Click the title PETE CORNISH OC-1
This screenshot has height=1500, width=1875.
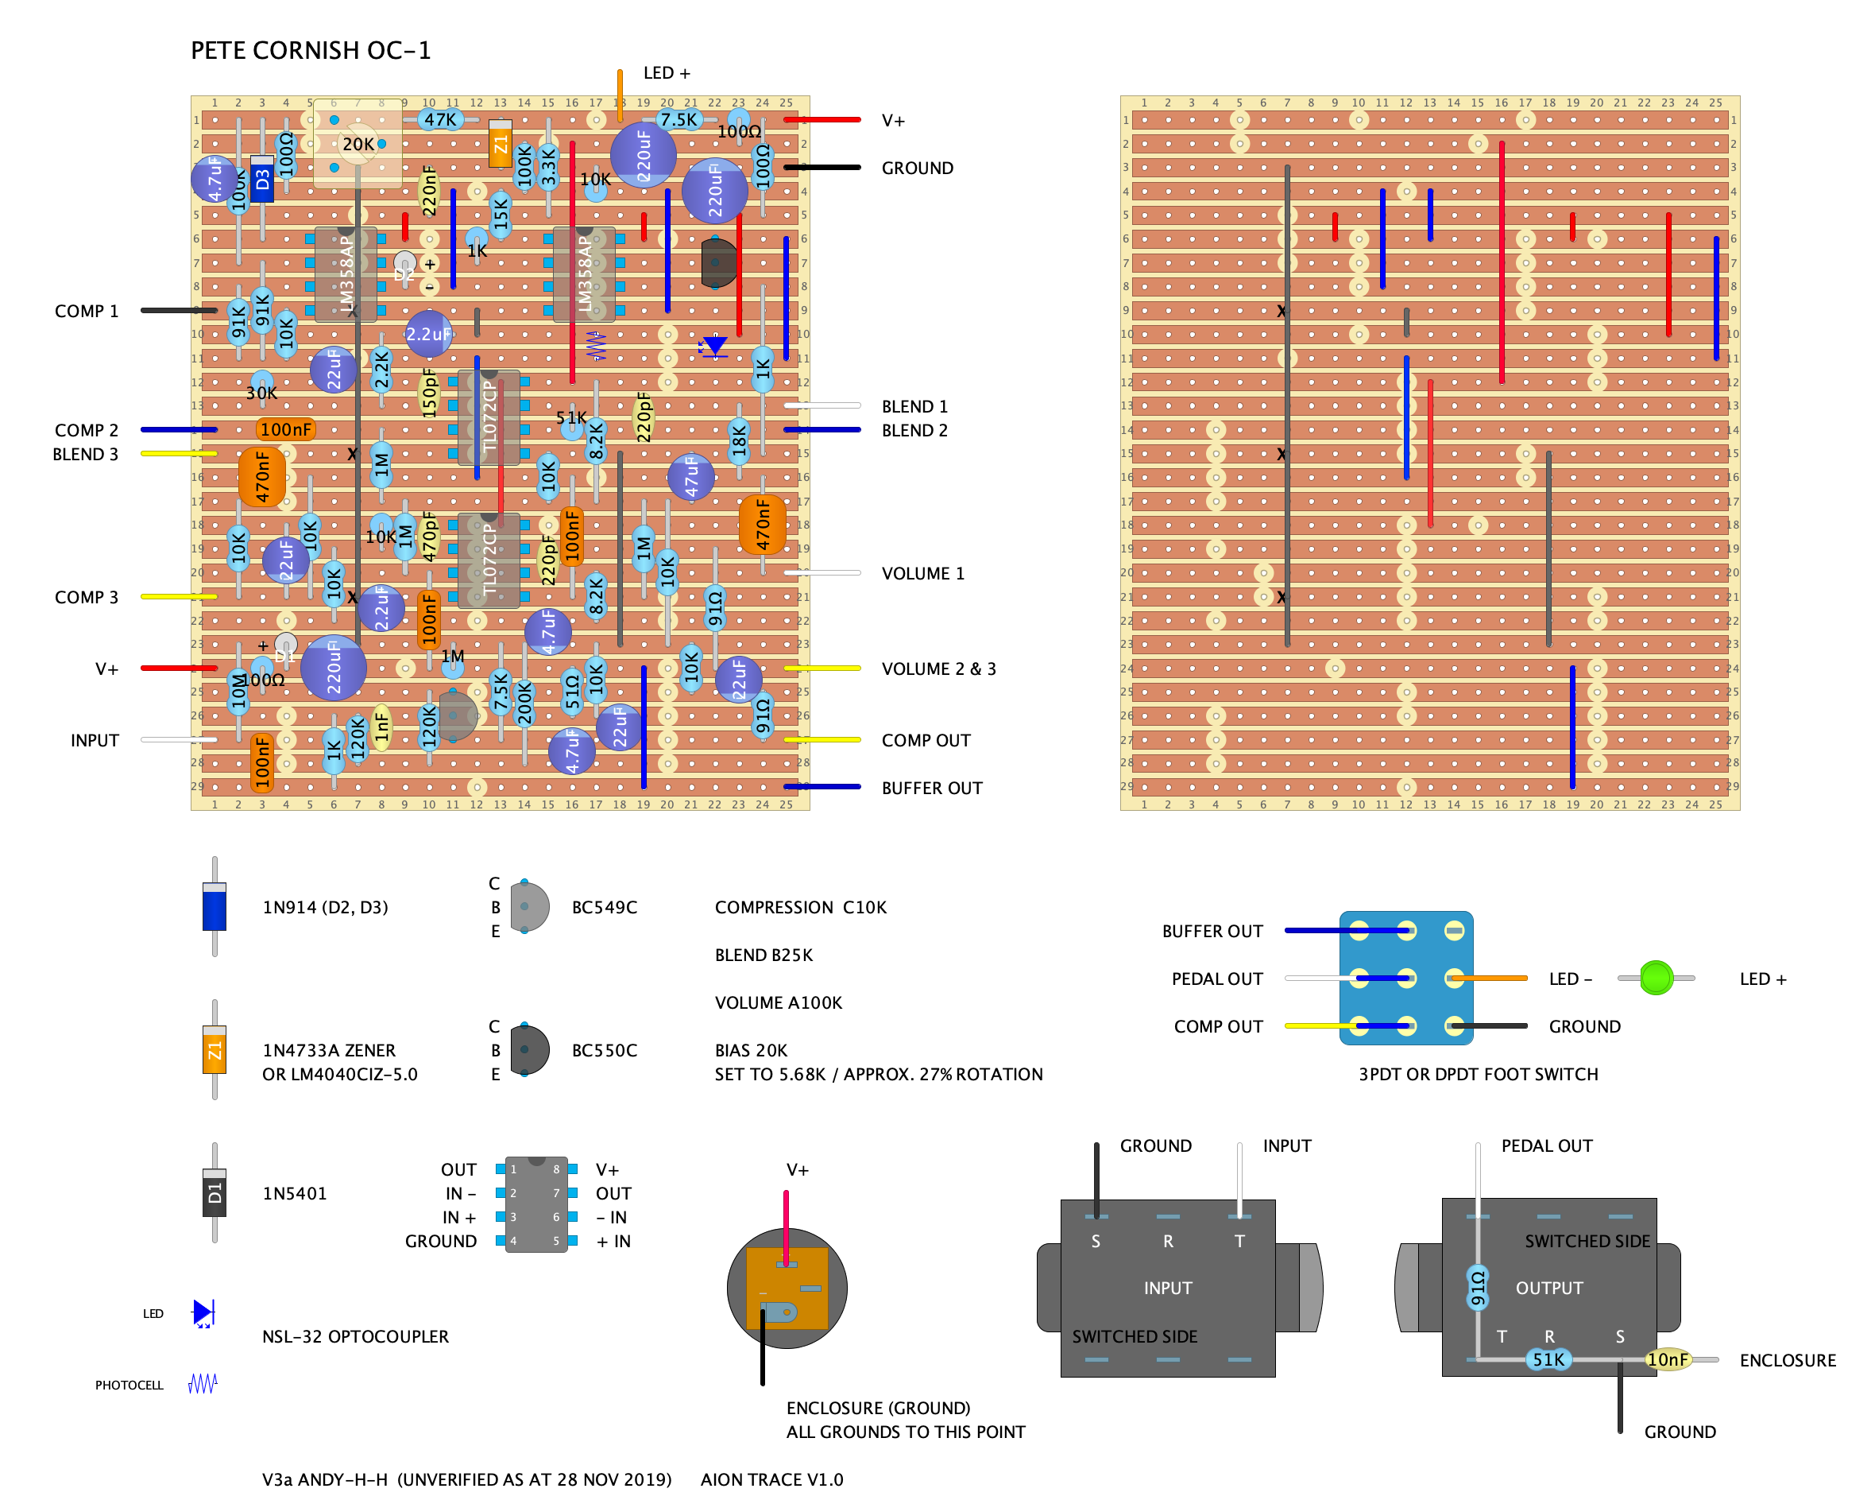311,50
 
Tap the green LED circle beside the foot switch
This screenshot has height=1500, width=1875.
1655,978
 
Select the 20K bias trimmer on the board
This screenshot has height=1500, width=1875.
358,144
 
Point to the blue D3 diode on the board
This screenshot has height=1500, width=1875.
261,179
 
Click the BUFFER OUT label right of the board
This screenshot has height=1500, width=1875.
931,788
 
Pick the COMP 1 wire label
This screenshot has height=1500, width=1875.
86,311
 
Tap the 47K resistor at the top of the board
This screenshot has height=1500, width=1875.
440,119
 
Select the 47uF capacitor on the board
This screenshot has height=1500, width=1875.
690,477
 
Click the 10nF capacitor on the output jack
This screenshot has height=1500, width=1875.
1667,1359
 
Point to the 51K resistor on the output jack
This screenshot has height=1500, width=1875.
1548,1359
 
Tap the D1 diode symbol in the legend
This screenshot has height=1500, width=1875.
214,1192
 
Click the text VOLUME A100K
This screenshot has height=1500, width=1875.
779,1002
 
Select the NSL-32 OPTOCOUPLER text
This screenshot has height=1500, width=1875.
355,1335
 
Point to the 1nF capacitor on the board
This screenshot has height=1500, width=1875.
381,727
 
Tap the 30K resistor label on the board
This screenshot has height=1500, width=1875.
261,393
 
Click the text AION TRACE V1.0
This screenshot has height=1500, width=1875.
771,1479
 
